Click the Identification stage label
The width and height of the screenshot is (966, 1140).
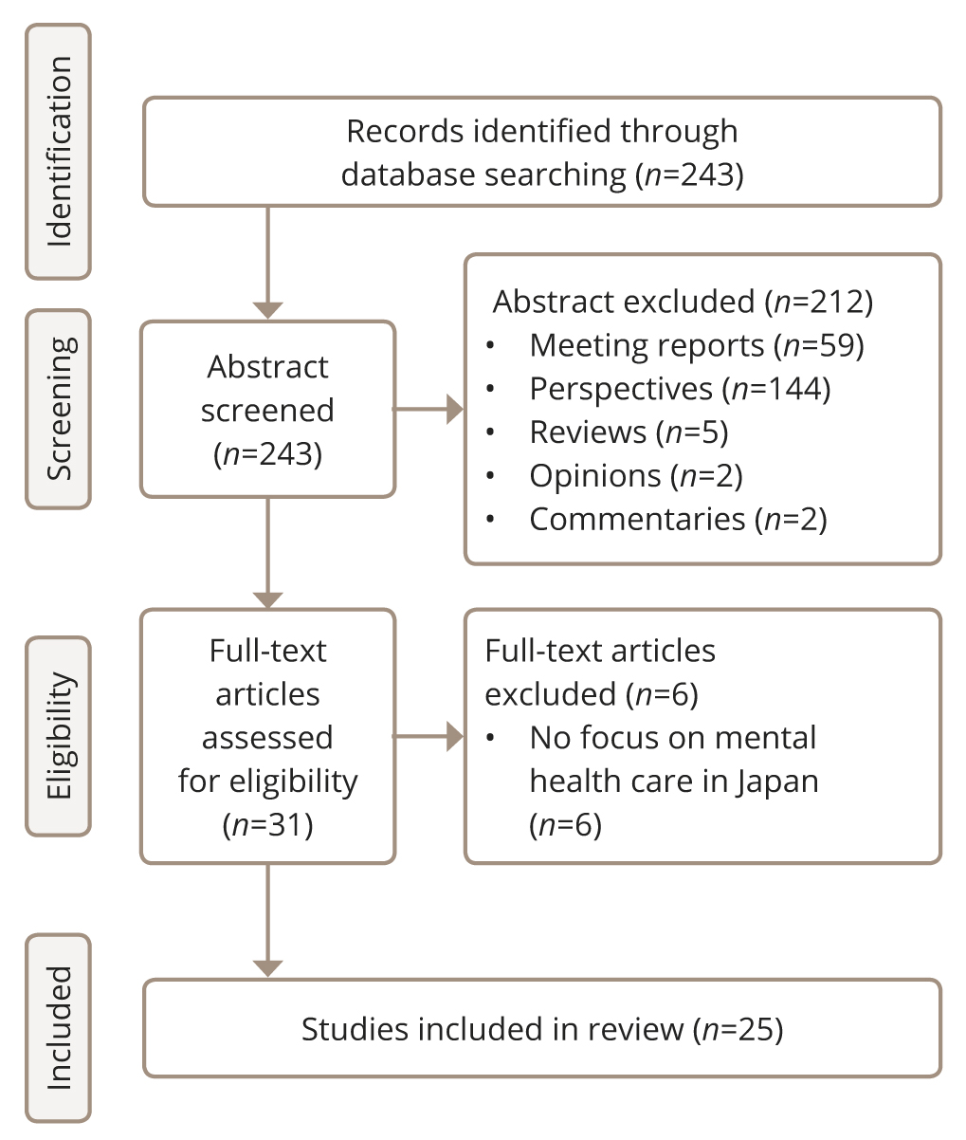[x=59, y=152]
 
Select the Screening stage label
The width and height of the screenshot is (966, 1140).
[x=59, y=409]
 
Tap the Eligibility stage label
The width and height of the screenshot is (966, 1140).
[x=59, y=736]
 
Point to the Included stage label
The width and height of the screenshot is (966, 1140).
[x=59, y=1028]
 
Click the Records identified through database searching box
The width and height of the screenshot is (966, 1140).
[x=541, y=152]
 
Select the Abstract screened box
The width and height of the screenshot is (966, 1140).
[x=268, y=410]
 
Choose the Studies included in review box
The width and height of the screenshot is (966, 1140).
[x=541, y=1029]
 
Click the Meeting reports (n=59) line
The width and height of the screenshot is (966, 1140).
[x=697, y=345]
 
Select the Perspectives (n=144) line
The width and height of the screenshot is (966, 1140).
[x=680, y=389]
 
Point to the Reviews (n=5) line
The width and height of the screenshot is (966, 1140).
[x=629, y=432]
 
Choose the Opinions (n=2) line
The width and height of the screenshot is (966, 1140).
[x=636, y=476]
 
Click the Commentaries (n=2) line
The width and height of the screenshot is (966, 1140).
[x=678, y=520]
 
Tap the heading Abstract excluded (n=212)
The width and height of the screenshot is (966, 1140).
[x=683, y=302]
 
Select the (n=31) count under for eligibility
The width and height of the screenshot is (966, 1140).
[x=268, y=825]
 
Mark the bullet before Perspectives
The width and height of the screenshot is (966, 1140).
[x=490, y=389]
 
